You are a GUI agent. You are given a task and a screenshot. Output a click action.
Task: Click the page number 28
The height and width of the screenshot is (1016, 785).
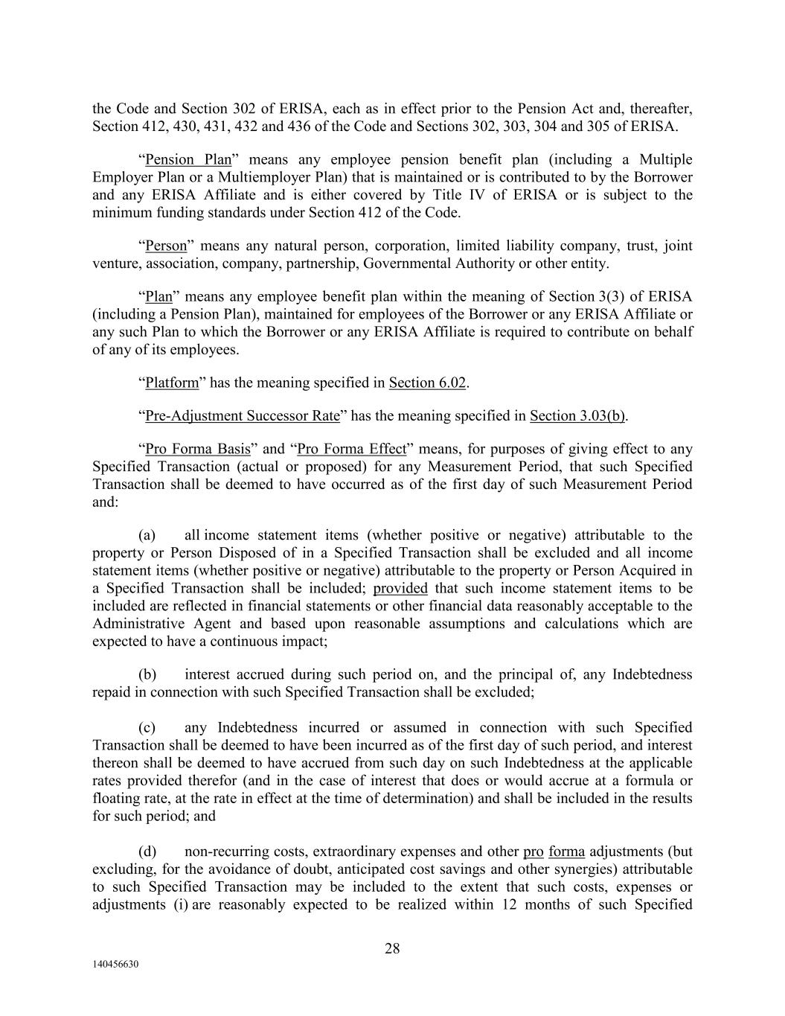click(x=392, y=948)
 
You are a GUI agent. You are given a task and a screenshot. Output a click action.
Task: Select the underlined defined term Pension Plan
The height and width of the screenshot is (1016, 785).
click(x=188, y=160)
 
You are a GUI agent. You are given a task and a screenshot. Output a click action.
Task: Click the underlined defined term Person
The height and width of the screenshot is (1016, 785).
click(x=166, y=246)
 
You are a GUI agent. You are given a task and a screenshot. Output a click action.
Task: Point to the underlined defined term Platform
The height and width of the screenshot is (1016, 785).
click(x=172, y=383)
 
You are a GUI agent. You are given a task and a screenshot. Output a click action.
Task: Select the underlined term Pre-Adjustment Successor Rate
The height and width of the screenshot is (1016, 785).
click(x=243, y=416)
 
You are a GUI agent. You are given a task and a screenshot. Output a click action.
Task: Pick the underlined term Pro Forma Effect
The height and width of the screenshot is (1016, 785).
click(x=352, y=450)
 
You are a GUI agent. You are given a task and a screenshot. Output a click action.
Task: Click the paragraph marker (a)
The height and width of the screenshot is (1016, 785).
click(x=147, y=535)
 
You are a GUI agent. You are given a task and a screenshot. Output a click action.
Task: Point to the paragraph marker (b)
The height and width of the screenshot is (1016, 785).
click(x=147, y=675)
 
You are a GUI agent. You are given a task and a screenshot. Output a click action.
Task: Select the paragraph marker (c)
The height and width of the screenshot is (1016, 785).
click(x=147, y=728)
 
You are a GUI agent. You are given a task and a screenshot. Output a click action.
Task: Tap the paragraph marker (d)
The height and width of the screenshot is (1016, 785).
click(x=147, y=852)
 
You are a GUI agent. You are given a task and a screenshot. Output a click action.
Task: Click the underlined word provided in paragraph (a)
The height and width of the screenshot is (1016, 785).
click(x=400, y=589)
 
